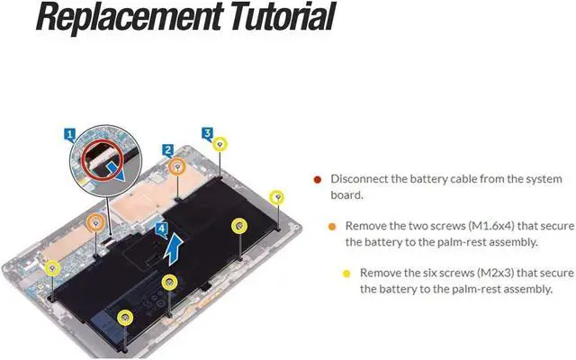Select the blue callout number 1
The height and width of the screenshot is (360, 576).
point(70,134)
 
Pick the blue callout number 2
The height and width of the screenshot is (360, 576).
point(168,149)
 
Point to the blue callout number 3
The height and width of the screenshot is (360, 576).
point(207,133)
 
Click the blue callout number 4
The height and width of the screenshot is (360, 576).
point(160,229)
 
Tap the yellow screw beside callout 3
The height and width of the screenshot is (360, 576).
point(220,143)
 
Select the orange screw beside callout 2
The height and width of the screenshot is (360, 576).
point(178,165)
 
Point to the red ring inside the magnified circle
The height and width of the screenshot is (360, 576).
point(103,163)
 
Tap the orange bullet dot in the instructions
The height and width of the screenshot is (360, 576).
point(333,226)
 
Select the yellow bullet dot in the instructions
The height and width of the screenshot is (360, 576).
point(346,273)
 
